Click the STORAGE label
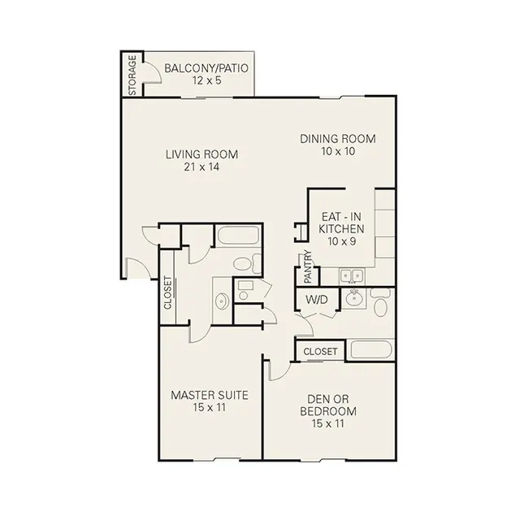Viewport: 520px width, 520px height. pyautogui.click(x=132, y=75)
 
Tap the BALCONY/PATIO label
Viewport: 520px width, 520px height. pyautogui.click(x=206, y=68)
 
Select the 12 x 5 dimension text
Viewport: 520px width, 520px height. pyautogui.click(x=206, y=80)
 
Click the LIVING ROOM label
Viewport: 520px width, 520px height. pyautogui.click(x=201, y=154)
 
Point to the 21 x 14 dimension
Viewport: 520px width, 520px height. pyautogui.click(x=201, y=167)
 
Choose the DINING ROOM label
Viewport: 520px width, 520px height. pyautogui.click(x=338, y=139)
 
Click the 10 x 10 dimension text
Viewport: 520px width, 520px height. pyautogui.click(x=338, y=151)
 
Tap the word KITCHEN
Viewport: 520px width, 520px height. pyautogui.click(x=341, y=229)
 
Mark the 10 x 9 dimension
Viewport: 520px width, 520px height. pyautogui.click(x=341, y=241)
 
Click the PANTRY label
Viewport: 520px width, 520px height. pyautogui.click(x=308, y=266)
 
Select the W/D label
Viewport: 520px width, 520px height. pyautogui.click(x=317, y=300)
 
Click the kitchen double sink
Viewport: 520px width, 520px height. pyautogui.click(x=352, y=276)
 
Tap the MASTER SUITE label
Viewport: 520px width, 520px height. pyautogui.click(x=210, y=395)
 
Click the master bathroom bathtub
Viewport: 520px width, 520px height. pyautogui.click(x=237, y=235)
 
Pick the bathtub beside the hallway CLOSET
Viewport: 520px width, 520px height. pyautogui.click(x=371, y=349)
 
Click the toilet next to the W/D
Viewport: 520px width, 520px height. pyautogui.click(x=380, y=302)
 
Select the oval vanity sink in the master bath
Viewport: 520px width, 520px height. pyautogui.click(x=222, y=301)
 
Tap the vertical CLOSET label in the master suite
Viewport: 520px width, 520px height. pyautogui.click(x=168, y=292)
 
